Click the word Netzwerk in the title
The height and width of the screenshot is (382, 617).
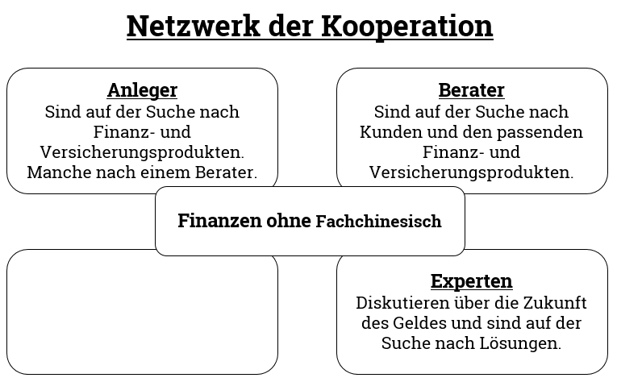point(194,26)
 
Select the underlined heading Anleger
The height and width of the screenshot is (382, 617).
point(143,90)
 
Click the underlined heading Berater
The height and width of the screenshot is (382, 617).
point(471,90)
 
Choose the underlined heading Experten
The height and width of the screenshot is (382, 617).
point(471,281)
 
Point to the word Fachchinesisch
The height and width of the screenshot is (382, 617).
point(378,222)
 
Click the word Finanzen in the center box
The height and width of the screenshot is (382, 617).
point(219,221)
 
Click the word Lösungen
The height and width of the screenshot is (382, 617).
point(520,343)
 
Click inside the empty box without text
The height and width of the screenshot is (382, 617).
point(142,314)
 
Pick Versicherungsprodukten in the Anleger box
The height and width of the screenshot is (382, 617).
point(142,152)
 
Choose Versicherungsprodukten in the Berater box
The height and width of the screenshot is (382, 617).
point(471,172)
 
